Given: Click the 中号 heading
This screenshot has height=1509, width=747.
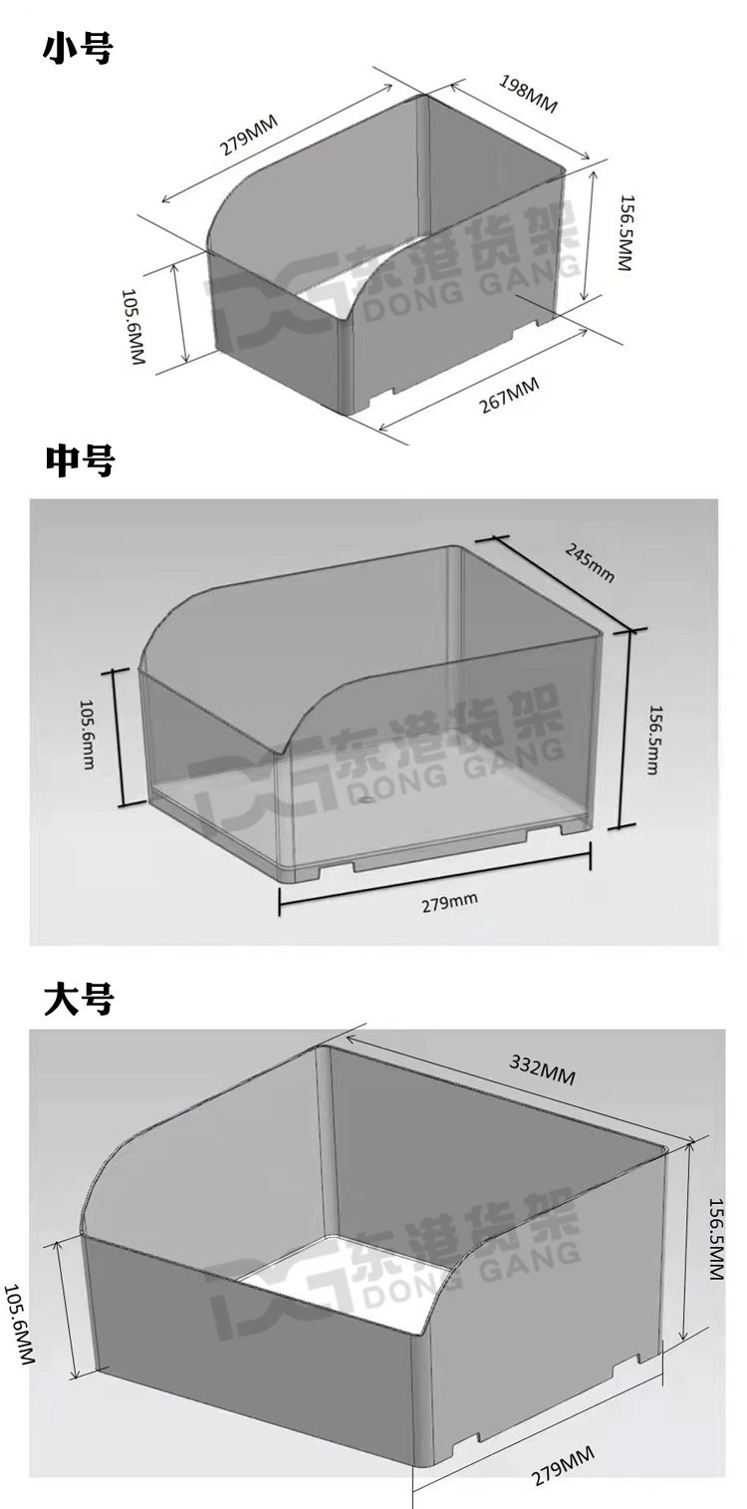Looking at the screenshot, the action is pos(79,460).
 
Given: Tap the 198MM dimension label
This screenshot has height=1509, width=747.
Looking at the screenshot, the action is pos(528,94).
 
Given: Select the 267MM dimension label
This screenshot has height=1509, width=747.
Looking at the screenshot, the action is pos(509,395).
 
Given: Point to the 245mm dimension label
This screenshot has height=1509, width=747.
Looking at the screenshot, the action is pos(590,563).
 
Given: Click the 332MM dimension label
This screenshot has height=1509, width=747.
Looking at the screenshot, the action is pos(543,1070).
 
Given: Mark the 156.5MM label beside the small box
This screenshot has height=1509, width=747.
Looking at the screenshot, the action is pos(625,232).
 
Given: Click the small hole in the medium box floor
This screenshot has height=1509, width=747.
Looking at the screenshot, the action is pos(367,801).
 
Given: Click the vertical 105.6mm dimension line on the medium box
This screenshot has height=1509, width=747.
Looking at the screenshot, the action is pos(124,737).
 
